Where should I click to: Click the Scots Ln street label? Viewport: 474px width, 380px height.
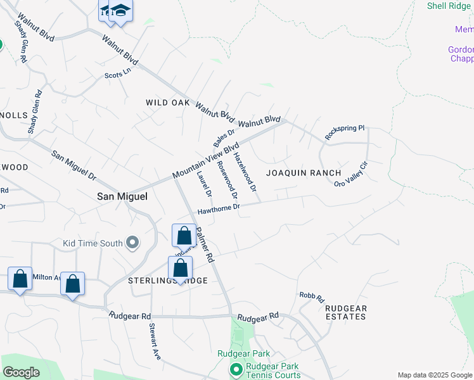pos(117,75)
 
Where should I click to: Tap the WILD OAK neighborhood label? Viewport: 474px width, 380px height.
pos(167,102)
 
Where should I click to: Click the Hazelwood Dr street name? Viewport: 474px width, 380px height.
pos(244,172)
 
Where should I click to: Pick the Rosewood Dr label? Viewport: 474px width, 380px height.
pos(227,178)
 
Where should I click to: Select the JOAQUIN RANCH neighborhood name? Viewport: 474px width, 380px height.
pos(304,173)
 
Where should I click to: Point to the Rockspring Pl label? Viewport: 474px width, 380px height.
pos(345,132)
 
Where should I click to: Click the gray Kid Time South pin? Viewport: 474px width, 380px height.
pos(132,243)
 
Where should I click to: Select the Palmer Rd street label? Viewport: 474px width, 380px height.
pos(205,245)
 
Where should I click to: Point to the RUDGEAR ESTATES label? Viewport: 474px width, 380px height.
pos(345,312)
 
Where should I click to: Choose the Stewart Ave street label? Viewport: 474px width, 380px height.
pos(155,341)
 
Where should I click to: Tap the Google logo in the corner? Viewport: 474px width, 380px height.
pos(21,372)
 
